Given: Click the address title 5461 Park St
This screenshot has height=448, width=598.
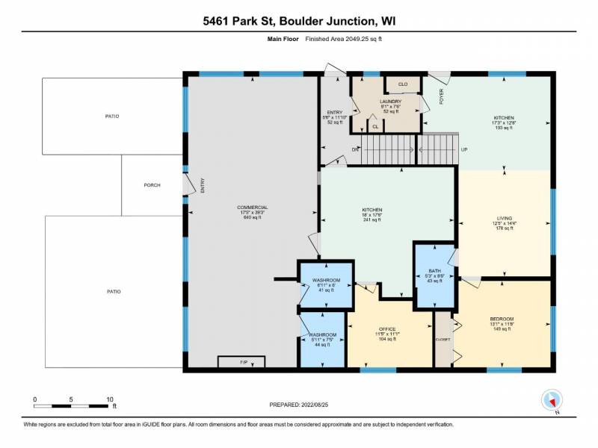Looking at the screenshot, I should coord(299,22).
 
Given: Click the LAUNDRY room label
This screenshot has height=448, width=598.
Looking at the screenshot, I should coord(390,102).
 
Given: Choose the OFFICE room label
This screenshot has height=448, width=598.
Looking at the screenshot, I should coord(386,329).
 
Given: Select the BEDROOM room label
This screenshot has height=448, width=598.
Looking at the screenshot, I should coord(502,319).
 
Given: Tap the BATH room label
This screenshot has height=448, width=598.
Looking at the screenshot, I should coord(435,271).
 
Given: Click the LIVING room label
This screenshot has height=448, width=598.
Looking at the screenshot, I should coord(505,218).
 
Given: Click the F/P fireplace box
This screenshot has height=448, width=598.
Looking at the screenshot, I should coord(241,362).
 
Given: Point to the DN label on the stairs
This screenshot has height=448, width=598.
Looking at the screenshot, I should coord(356,149).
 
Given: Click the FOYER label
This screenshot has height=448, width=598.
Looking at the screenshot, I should coord(442,98).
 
